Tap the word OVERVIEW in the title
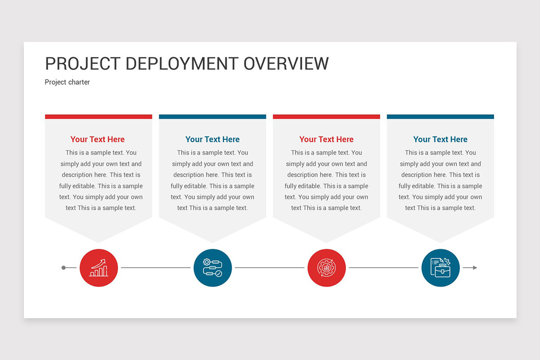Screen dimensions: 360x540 (286, 63)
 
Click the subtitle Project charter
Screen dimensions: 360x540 (67, 82)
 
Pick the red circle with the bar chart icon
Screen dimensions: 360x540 (99, 268)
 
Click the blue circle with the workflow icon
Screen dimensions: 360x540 (213, 268)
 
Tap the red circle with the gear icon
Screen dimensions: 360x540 (327, 268)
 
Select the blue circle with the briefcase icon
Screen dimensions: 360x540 (441, 268)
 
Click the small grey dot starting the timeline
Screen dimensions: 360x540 (63, 268)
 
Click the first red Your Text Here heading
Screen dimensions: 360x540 (98, 139)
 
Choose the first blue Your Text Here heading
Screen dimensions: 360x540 (212, 139)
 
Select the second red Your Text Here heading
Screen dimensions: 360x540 (327, 139)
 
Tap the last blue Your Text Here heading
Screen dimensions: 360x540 (441, 139)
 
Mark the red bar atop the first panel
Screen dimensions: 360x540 (99, 117)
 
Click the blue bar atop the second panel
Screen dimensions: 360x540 (212, 117)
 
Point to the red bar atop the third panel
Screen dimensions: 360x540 (327, 117)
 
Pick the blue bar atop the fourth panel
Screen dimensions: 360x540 (441, 117)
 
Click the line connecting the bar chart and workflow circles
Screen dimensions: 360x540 (156, 268)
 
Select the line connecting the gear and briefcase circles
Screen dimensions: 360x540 (383, 268)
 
